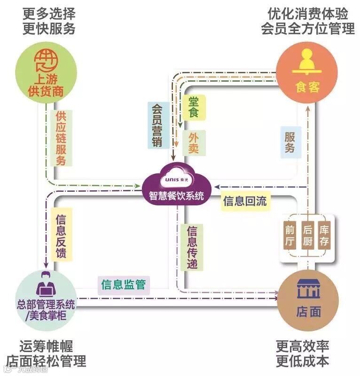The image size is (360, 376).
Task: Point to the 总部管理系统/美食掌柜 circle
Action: point(46,299)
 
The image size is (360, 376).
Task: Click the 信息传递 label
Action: point(192,247)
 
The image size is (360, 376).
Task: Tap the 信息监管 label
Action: point(123,284)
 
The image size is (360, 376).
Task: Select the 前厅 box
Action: point(290,235)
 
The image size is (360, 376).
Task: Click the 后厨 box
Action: point(307,235)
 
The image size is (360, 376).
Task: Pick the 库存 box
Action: point(324,235)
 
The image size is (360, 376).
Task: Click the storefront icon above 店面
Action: point(308,289)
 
